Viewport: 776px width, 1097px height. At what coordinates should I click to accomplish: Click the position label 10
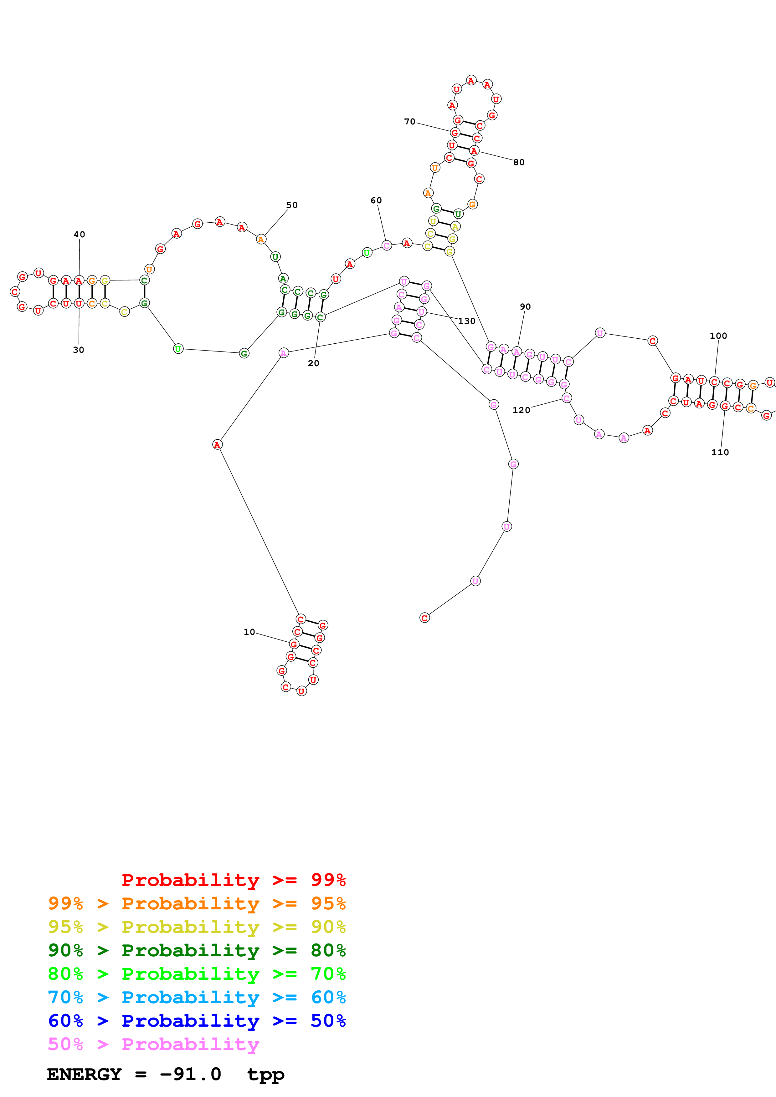249,632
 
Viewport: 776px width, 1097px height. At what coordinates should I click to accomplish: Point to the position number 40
80,235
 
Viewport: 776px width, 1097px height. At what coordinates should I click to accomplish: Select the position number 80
519,162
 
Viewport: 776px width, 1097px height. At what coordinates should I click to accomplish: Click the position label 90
525,307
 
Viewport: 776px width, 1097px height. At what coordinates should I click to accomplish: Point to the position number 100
718,336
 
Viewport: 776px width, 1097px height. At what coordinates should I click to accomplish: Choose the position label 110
720,452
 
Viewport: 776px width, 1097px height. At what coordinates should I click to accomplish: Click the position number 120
521,410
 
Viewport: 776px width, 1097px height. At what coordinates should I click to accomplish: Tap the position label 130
467,321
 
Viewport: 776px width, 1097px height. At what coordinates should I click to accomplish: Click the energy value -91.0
190,1074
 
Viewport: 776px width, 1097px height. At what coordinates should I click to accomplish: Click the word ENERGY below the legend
84,1074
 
